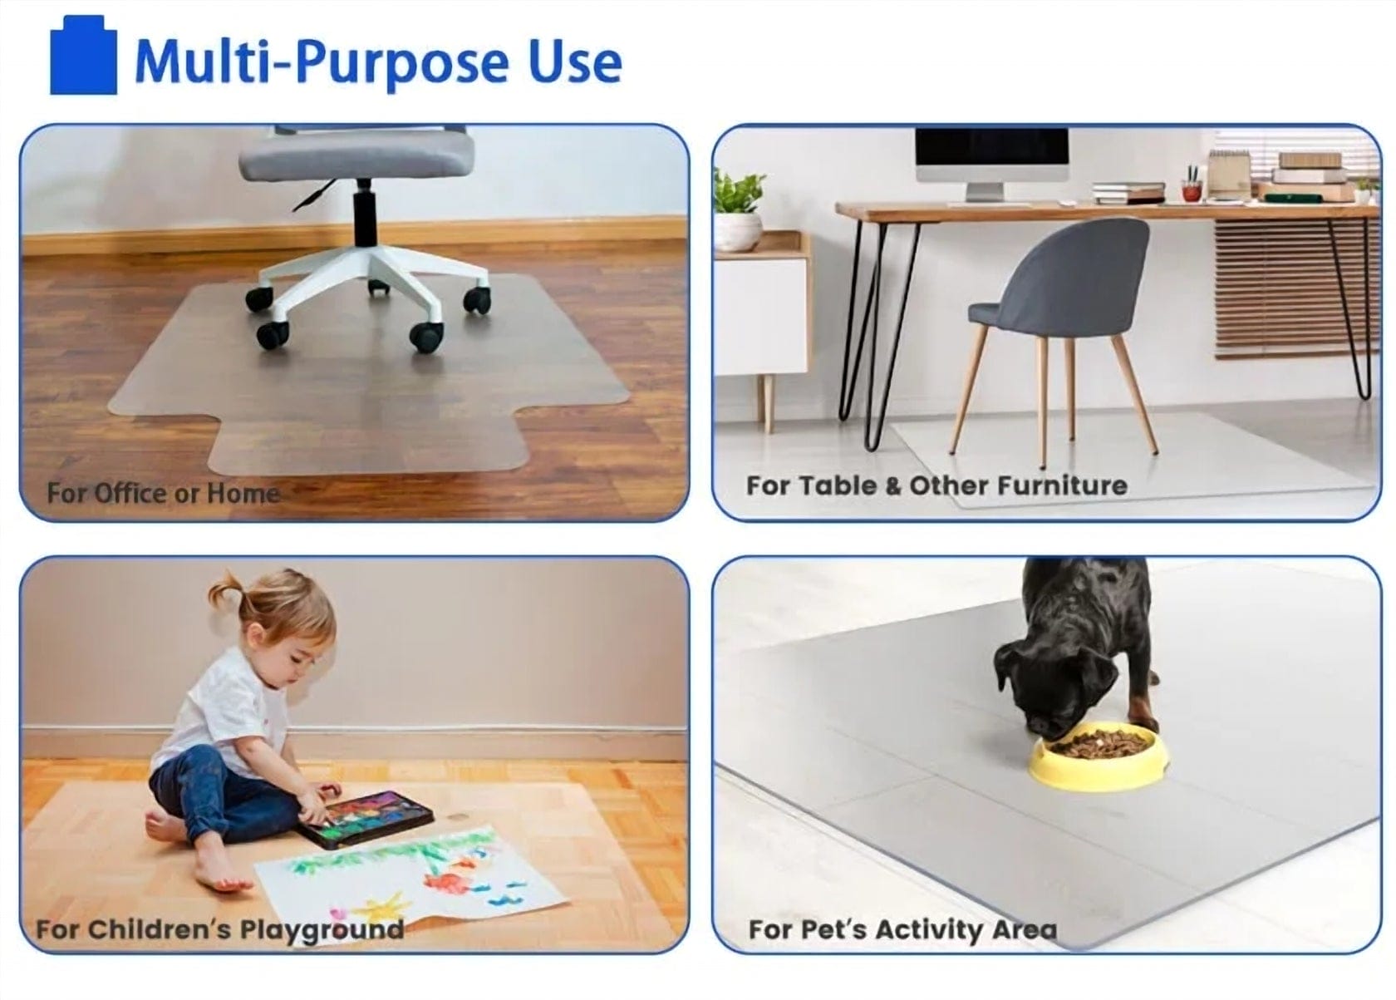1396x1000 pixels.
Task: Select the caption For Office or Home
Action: (x=163, y=494)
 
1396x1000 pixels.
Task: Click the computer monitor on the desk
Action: (x=991, y=163)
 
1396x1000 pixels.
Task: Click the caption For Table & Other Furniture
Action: (x=936, y=485)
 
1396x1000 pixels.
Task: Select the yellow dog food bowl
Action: (x=1099, y=756)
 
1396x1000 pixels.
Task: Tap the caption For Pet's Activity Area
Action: (x=902, y=929)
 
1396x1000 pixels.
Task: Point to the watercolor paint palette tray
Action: (x=366, y=819)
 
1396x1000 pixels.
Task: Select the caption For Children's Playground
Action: (x=220, y=929)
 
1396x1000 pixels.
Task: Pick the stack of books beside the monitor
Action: (x=1129, y=192)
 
